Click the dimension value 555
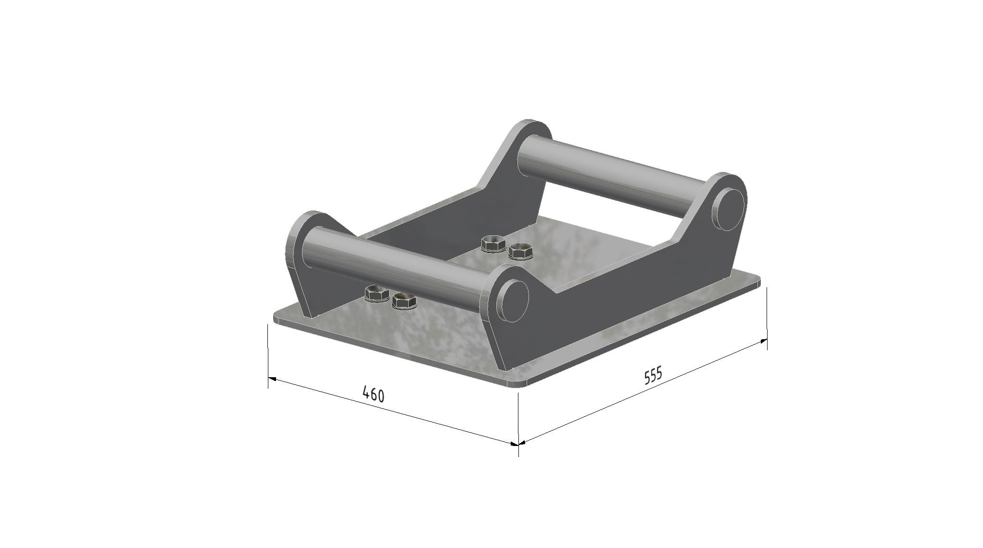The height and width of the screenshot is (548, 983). click(653, 376)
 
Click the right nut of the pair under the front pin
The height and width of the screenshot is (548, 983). click(404, 302)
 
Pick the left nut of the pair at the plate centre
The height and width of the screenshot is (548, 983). click(493, 244)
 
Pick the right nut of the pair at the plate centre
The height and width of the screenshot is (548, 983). click(520, 251)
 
